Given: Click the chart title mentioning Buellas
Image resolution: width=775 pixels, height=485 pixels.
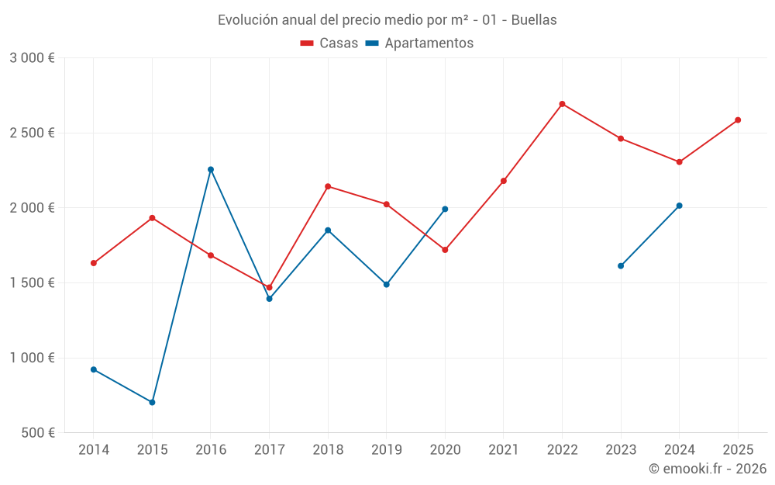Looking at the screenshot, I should click(x=387, y=20).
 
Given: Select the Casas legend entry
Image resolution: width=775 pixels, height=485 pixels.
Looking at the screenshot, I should click(x=329, y=43).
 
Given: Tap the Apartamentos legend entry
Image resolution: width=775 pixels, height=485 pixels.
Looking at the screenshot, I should click(x=419, y=43).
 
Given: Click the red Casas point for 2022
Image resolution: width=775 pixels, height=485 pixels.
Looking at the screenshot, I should click(x=562, y=104).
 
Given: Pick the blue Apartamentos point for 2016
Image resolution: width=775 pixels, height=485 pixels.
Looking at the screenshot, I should click(x=211, y=169).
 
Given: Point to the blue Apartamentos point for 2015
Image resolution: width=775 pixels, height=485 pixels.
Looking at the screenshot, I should click(x=152, y=402).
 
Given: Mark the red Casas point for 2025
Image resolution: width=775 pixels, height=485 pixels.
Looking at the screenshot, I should click(x=738, y=120).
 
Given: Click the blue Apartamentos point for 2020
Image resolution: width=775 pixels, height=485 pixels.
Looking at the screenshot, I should click(x=445, y=209).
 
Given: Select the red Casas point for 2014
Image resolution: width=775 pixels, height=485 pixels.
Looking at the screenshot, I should click(x=94, y=263).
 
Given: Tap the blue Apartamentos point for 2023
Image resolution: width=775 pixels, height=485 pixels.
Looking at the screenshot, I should click(x=621, y=266).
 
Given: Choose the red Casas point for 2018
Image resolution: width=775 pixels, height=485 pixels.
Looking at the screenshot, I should click(x=328, y=186).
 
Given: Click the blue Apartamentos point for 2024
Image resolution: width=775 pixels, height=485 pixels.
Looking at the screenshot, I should click(x=680, y=206).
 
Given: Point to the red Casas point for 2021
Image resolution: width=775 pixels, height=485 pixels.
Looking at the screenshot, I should click(x=504, y=181).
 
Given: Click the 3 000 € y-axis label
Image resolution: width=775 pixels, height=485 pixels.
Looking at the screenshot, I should click(x=32, y=58).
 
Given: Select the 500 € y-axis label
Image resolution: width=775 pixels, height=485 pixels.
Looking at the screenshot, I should click(x=37, y=433).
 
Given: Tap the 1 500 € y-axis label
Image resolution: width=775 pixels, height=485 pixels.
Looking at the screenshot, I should click(x=32, y=283).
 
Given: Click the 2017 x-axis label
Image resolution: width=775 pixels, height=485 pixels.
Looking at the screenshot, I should click(x=269, y=450).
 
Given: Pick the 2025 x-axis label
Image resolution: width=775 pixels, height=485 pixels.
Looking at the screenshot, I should click(x=738, y=450).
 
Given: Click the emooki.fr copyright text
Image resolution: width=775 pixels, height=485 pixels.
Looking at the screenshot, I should click(x=707, y=469).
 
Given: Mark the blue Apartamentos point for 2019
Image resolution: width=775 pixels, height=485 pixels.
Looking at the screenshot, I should click(x=387, y=284).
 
